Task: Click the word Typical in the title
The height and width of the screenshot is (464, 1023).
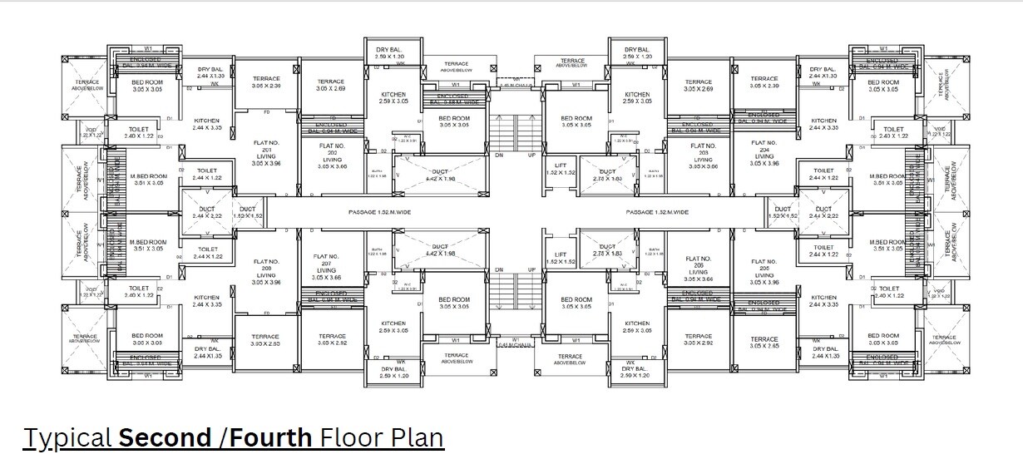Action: pos(69,437)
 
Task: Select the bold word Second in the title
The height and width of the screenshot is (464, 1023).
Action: pos(166,437)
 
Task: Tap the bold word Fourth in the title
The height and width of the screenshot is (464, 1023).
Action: pos(271,437)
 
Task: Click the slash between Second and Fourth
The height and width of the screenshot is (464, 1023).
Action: pos(223,437)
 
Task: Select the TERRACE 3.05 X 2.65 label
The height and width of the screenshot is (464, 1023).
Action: pos(764,342)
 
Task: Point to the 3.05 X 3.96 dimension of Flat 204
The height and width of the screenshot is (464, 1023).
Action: pos(764,163)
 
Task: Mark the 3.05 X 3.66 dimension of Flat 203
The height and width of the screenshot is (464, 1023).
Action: pos(703,166)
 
